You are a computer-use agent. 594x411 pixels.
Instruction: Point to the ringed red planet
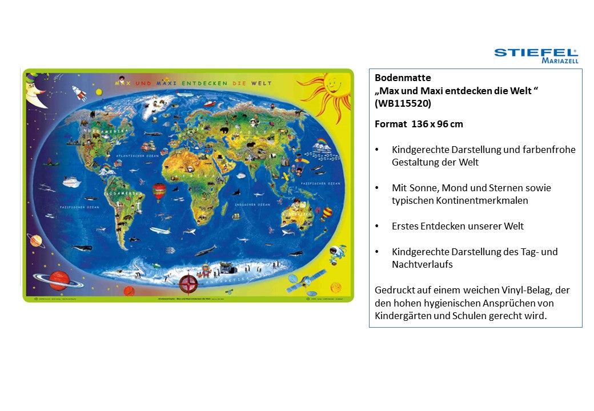pyautogui.click(x=58, y=279)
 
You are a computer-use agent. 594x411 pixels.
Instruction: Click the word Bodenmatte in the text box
pyautogui.click(x=395, y=78)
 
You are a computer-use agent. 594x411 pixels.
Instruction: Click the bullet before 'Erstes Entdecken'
pyautogui.click(x=377, y=227)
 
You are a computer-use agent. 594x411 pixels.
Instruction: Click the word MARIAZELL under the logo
pyautogui.click(x=560, y=61)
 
